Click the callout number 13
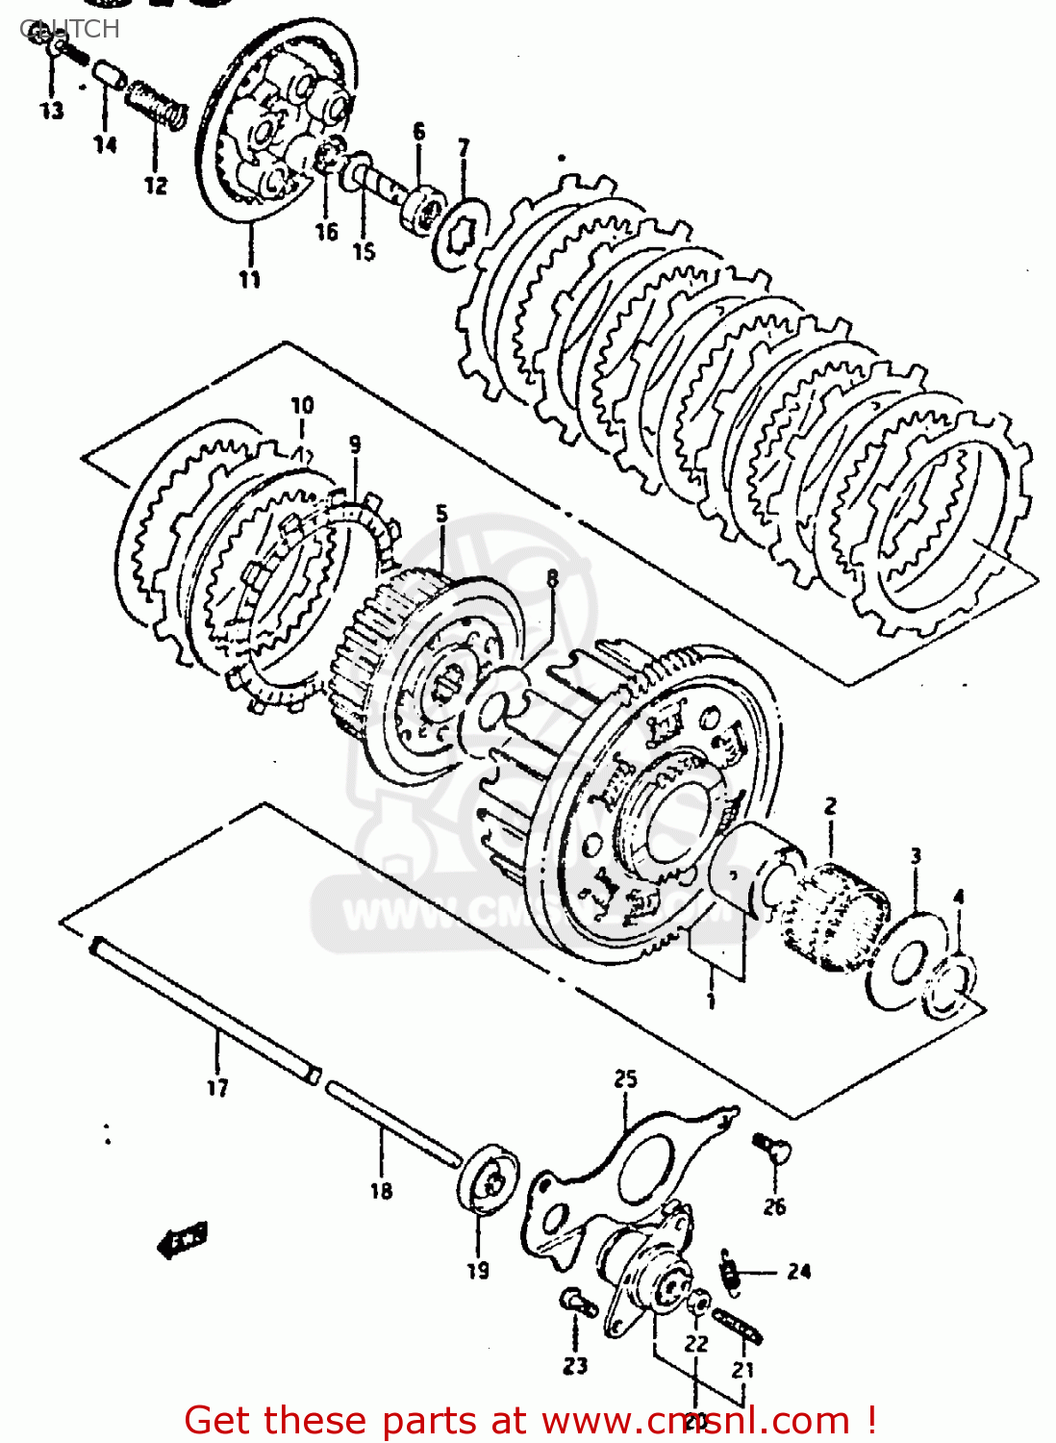(x=52, y=111)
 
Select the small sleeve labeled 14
(x=107, y=75)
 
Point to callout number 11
(x=250, y=279)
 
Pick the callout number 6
(x=418, y=131)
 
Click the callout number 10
(x=302, y=405)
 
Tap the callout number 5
(x=441, y=514)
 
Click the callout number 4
(x=958, y=897)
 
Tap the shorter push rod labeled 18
(x=390, y=1126)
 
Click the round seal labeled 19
(x=488, y=1179)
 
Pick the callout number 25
(x=626, y=1079)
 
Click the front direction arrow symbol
(x=183, y=1240)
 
